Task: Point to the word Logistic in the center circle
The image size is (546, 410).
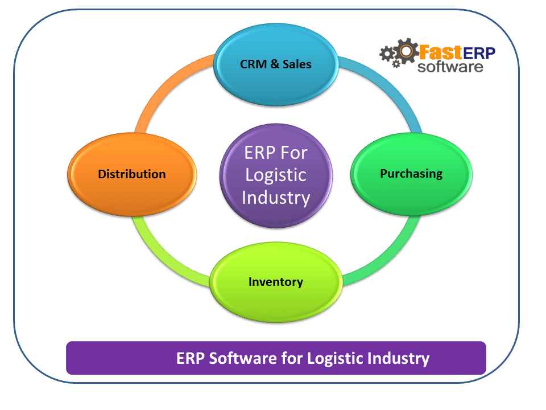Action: [x=276, y=175]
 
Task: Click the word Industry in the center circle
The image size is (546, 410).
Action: [x=276, y=198]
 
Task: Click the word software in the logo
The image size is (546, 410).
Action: [x=450, y=67]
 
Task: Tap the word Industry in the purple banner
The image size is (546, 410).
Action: [x=399, y=359]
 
